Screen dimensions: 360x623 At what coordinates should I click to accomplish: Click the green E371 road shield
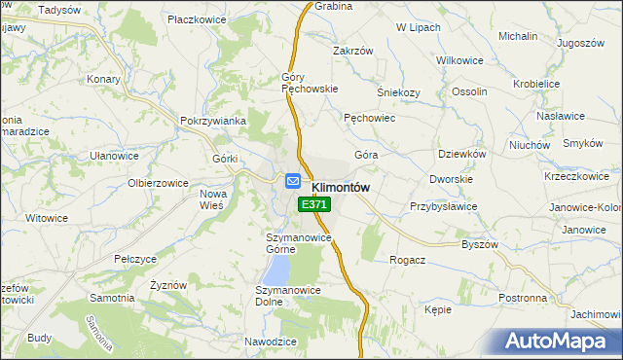[x=314, y=205]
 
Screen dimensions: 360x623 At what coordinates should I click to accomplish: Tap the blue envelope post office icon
[x=292, y=181]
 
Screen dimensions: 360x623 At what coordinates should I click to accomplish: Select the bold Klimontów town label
[x=340, y=187]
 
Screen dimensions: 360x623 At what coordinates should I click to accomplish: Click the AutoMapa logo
[x=560, y=342]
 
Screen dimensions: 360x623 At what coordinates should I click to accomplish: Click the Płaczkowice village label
[x=198, y=18]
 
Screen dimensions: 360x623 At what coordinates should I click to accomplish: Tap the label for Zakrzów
[x=352, y=51]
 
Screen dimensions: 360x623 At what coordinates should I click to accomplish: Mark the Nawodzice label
[x=270, y=342]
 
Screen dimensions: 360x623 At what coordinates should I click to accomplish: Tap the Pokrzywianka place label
[x=211, y=121]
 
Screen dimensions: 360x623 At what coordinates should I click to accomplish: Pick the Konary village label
[x=102, y=79]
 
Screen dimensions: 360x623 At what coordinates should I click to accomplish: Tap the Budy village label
[x=40, y=338]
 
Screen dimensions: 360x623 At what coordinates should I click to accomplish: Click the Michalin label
[x=518, y=36]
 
